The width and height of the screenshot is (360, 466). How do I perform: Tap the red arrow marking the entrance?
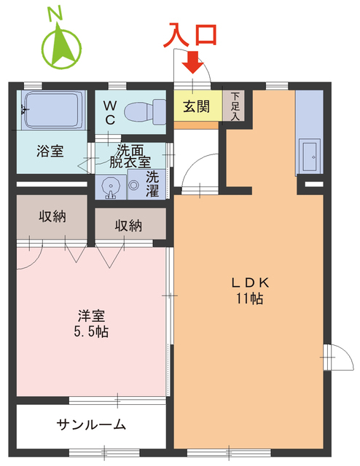click(x=192, y=64)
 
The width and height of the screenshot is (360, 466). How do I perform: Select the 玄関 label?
click(x=196, y=107)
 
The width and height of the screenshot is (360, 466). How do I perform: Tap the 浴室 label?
click(x=50, y=151)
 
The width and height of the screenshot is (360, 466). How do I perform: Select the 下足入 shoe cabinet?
click(x=235, y=106)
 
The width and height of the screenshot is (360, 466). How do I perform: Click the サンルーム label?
click(x=92, y=424)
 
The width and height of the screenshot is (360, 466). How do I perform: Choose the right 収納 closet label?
click(x=128, y=226)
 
